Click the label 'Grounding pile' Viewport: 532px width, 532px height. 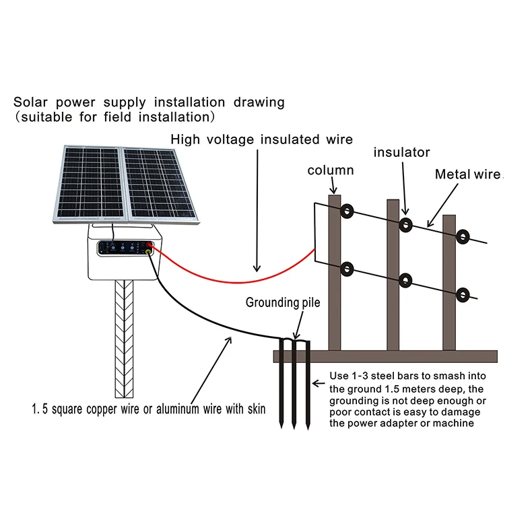point(282,302)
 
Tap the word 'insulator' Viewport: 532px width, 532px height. point(401,153)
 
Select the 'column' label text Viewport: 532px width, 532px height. point(331,170)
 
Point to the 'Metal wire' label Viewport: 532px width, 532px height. point(467,174)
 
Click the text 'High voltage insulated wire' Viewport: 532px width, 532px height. point(261,139)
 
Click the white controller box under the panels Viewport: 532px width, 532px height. point(125,263)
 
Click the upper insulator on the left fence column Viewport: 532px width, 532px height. point(347,211)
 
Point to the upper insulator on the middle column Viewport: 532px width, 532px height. point(405,224)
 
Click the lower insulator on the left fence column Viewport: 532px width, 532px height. point(347,270)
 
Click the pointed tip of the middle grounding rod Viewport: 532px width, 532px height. point(294,427)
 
